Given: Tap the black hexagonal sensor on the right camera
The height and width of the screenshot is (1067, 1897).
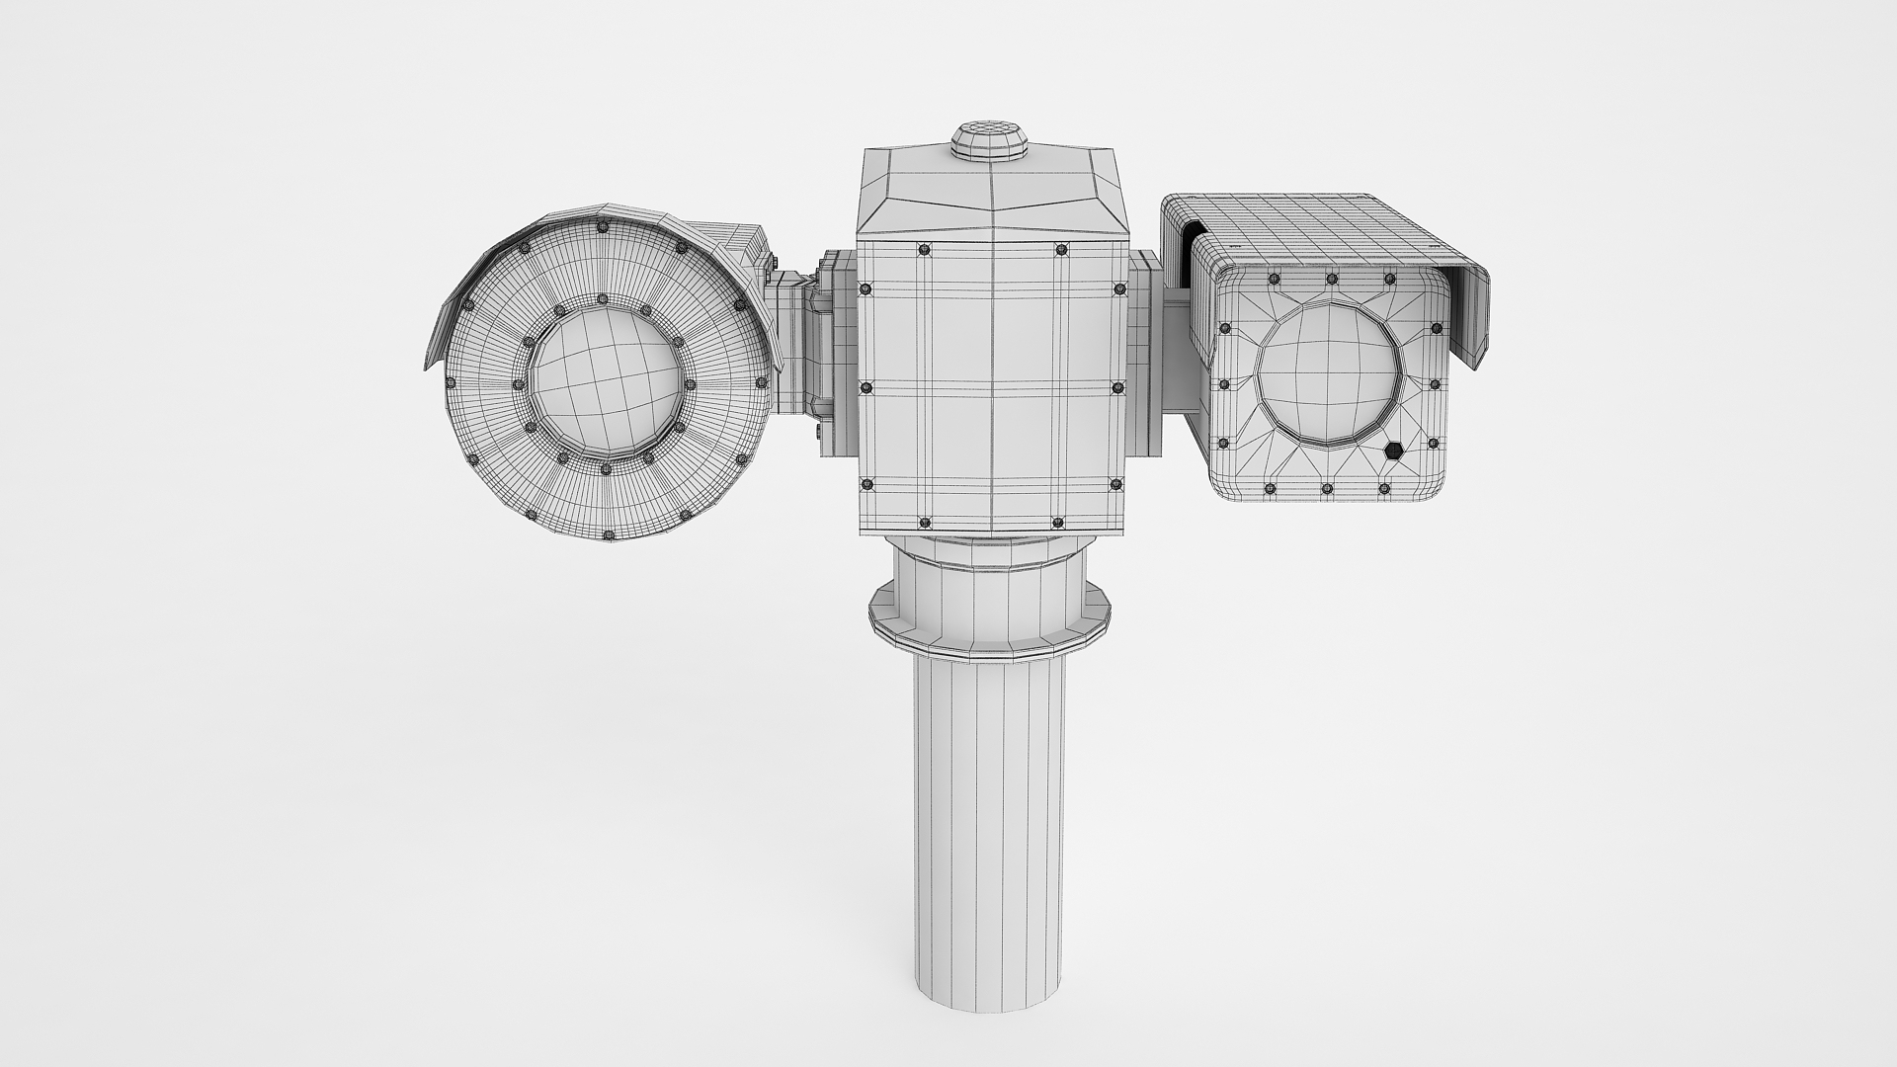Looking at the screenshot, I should coord(1393,451).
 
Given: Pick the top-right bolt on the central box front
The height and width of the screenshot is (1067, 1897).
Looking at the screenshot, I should coord(1060,249).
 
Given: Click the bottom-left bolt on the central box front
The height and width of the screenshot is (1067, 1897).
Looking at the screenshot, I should coord(925,522).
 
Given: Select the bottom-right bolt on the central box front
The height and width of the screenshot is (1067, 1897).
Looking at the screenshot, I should coord(1060,522).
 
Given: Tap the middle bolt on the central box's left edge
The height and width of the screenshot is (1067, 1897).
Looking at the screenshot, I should coord(866,387).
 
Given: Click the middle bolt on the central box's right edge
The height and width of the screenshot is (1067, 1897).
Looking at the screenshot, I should coord(1118,387).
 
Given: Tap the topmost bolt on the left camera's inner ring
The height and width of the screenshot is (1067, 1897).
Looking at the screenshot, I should coord(601,299).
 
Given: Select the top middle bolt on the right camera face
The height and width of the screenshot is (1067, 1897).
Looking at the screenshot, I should coord(1331,280).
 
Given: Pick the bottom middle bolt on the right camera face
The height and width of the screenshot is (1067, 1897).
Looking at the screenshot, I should coord(1326,488).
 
